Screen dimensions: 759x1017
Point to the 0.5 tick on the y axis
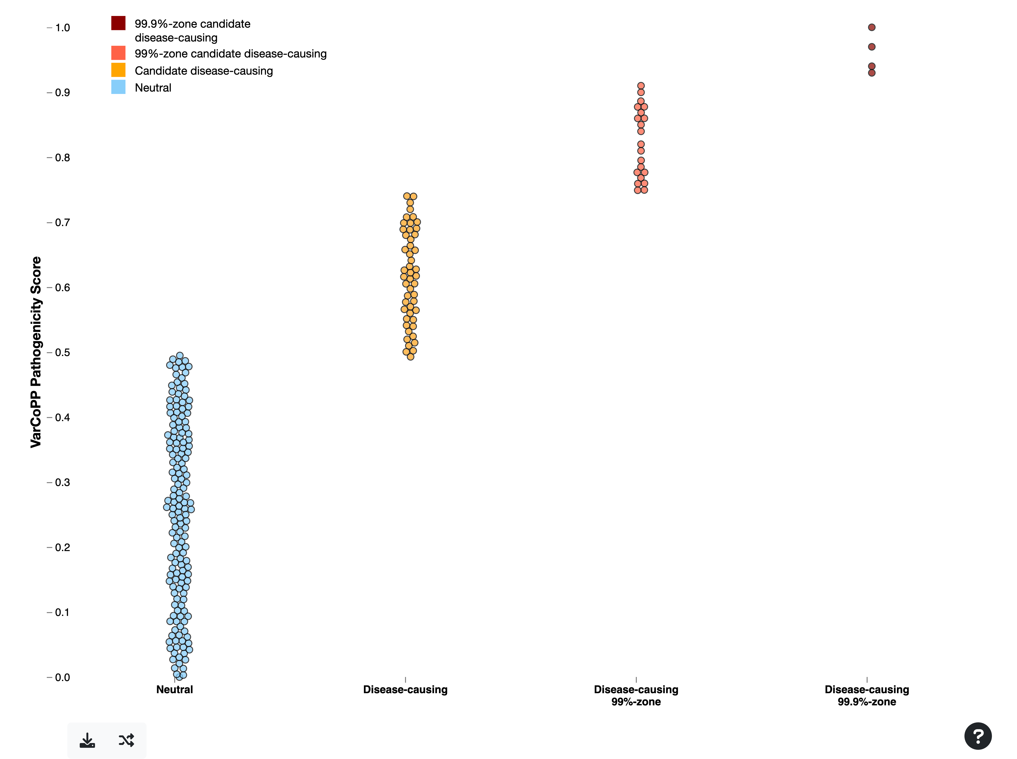coord(63,352)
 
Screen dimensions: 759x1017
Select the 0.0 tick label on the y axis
coord(63,677)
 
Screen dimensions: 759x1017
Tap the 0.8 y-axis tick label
coord(63,158)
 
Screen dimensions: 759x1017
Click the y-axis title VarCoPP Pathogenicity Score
coord(36,352)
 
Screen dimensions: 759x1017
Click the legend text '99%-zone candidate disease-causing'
coord(230,54)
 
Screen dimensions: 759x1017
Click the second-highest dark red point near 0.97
coord(872,47)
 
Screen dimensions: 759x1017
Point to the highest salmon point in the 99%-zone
coord(641,86)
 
